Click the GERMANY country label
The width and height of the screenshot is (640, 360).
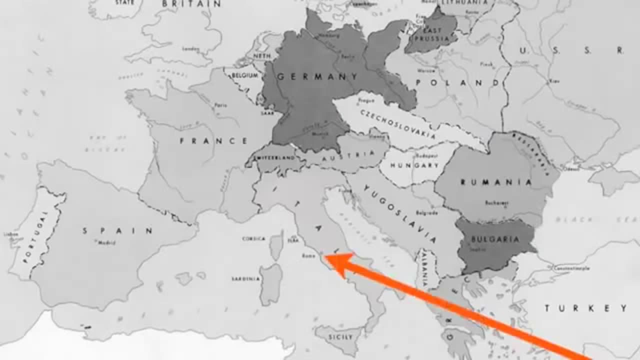(317, 77)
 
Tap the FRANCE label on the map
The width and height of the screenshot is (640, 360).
(213, 141)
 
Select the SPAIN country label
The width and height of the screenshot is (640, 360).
(117, 230)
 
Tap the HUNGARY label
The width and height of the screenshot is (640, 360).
(414, 165)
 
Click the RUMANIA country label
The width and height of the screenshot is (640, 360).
(496, 182)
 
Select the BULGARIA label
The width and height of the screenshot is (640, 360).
(495, 239)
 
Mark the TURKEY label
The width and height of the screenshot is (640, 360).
(585, 308)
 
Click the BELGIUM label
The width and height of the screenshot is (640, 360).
(245, 75)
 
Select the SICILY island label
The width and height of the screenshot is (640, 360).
(340, 337)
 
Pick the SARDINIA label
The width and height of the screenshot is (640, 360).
(245, 278)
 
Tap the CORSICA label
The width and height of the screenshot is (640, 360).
(253, 239)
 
